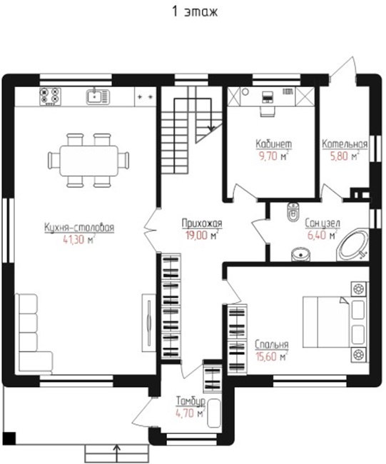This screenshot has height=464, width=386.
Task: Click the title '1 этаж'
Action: click(195, 12)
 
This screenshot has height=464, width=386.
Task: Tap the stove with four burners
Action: click(50, 96)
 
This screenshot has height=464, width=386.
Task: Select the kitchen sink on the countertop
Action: click(98, 96)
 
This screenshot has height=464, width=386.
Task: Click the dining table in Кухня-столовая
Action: click(88, 160)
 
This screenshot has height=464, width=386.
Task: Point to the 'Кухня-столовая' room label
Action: click(79, 228)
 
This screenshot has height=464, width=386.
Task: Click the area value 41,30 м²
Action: click(78, 239)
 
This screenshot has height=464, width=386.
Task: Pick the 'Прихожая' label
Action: click(202, 223)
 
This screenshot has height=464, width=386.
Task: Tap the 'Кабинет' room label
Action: click(273, 144)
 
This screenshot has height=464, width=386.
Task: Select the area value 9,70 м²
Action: click(273, 156)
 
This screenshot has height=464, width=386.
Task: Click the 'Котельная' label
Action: click(345, 144)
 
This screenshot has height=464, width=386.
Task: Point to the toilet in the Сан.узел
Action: click(293, 212)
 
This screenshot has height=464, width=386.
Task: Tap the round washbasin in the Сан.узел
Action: click(301, 255)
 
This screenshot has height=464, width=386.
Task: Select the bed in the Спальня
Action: click(326, 322)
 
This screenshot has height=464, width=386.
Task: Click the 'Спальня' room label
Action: click(272, 345)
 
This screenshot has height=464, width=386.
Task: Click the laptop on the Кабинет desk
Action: click(268, 96)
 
